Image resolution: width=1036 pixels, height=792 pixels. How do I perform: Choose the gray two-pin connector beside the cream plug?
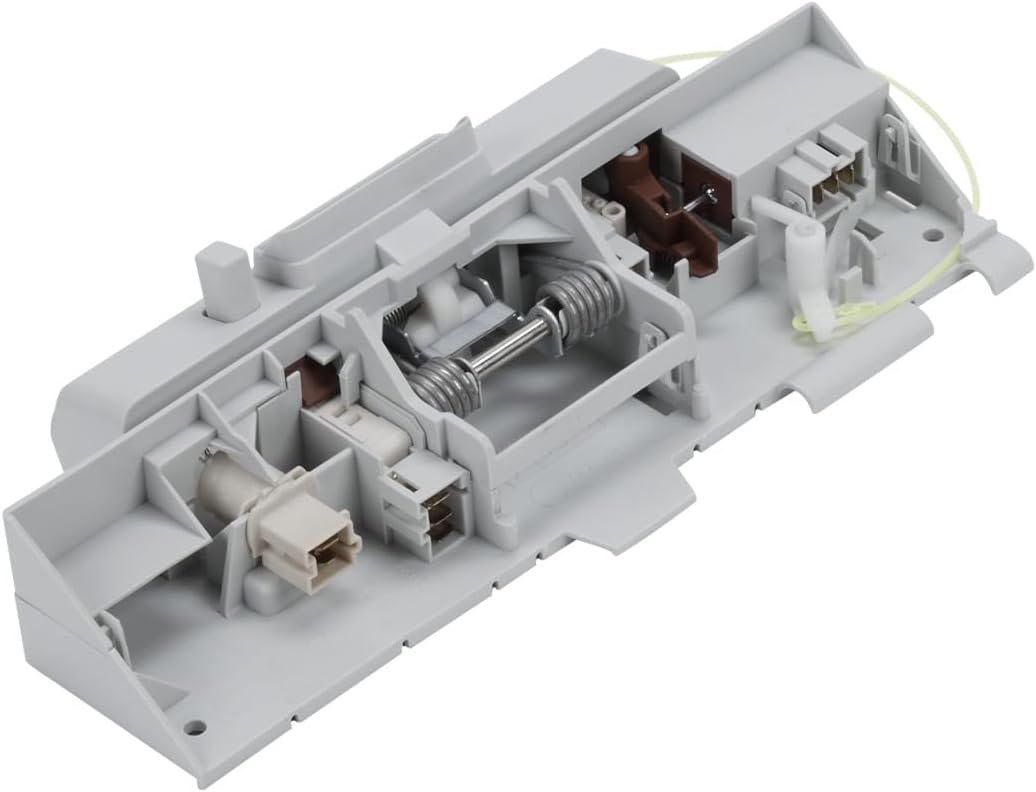click(425, 505)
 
